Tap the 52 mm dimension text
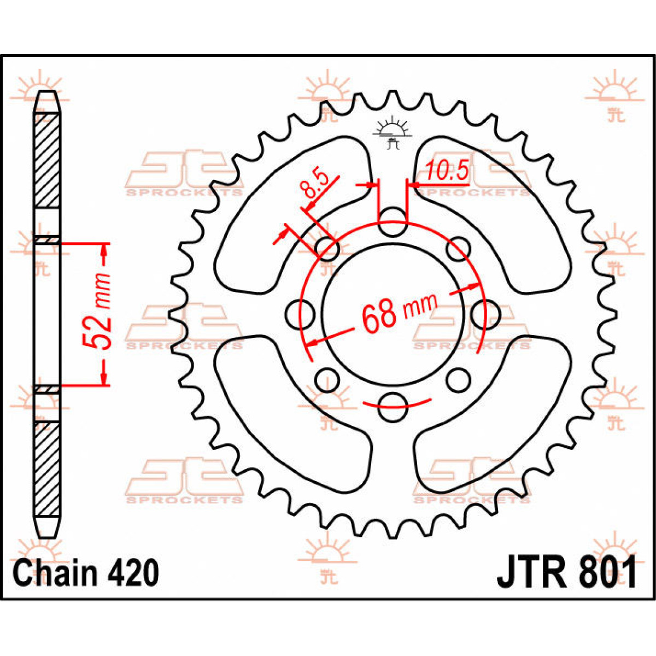click(x=97, y=311)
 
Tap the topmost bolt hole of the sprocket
click(x=393, y=222)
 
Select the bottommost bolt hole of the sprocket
click(x=393, y=407)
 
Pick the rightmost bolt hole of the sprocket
click(x=486, y=314)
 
